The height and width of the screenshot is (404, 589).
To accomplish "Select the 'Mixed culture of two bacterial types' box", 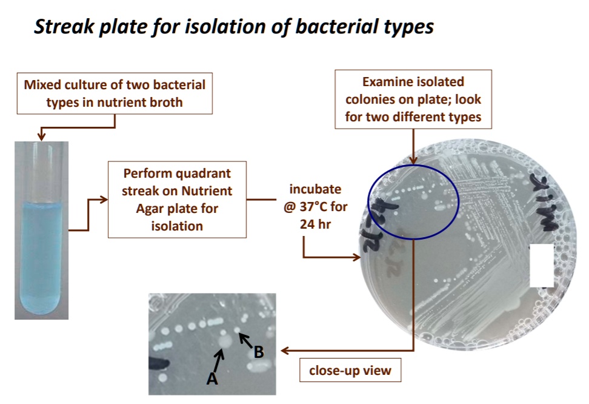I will click(115, 93).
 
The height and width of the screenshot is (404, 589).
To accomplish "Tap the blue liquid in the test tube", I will click(41, 255).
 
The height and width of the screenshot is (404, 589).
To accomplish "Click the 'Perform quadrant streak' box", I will click(177, 199).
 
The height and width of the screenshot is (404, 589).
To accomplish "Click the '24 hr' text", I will click(314, 222).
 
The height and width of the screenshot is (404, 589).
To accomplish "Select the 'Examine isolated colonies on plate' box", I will click(413, 99).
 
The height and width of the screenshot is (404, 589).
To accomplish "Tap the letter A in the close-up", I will click(211, 379).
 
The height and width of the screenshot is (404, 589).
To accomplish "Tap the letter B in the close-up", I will click(259, 351).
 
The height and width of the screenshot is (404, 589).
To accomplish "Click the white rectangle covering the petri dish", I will click(542, 265).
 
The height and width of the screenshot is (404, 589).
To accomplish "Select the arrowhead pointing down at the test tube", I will click(41, 136).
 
